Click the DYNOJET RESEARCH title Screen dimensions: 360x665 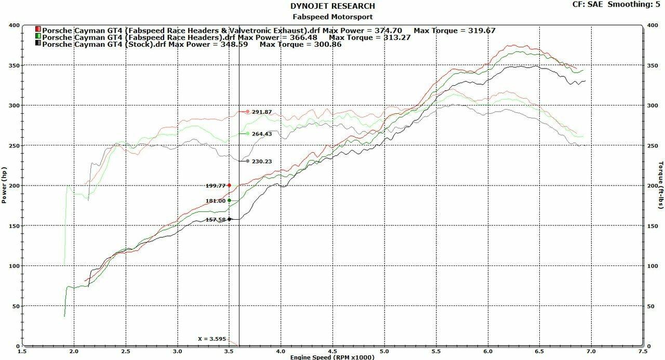pyautogui.click(x=332, y=6)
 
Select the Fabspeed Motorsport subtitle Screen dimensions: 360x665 pyautogui.click(x=332, y=16)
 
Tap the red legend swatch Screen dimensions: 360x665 pyautogui.click(x=38, y=30)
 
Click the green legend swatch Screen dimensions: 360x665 pyautogui.click(x=38, y=37)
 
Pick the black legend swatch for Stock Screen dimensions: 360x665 pyautogui.click(x=38, y=44)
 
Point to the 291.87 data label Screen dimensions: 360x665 pyautogui.click(x=262, y=112)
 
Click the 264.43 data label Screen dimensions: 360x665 pyautogui.click(x=262, y=134)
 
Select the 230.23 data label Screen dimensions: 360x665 pyautogui.click(x=262, y=162)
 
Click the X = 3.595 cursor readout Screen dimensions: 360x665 pyautogui.click(x=212, y=339)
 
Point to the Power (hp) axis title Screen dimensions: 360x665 pyautogui.click(x=4, y=186)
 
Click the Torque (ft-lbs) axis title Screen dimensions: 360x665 pyautogui.click(x=661, y=186)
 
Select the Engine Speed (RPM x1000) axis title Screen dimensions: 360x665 pyautogui.click(x=332, y=357)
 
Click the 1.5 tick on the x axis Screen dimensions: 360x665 pyautogui.click(x=22, y=351)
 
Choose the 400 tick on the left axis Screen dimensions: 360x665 pyautogui.click(x=14, y=25)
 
